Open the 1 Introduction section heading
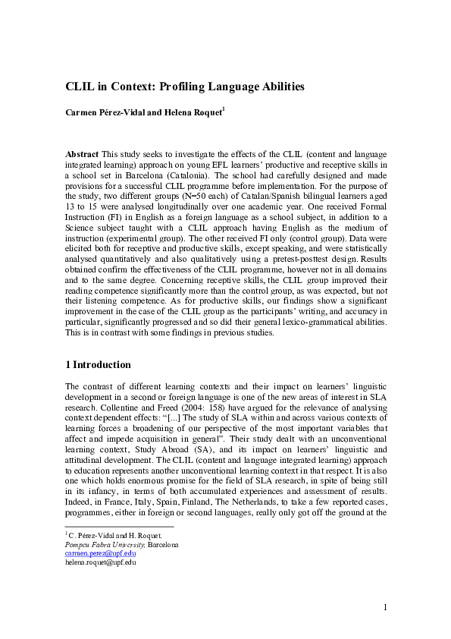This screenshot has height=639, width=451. pos(99,364)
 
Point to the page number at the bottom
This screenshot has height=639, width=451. pos(385,607)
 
